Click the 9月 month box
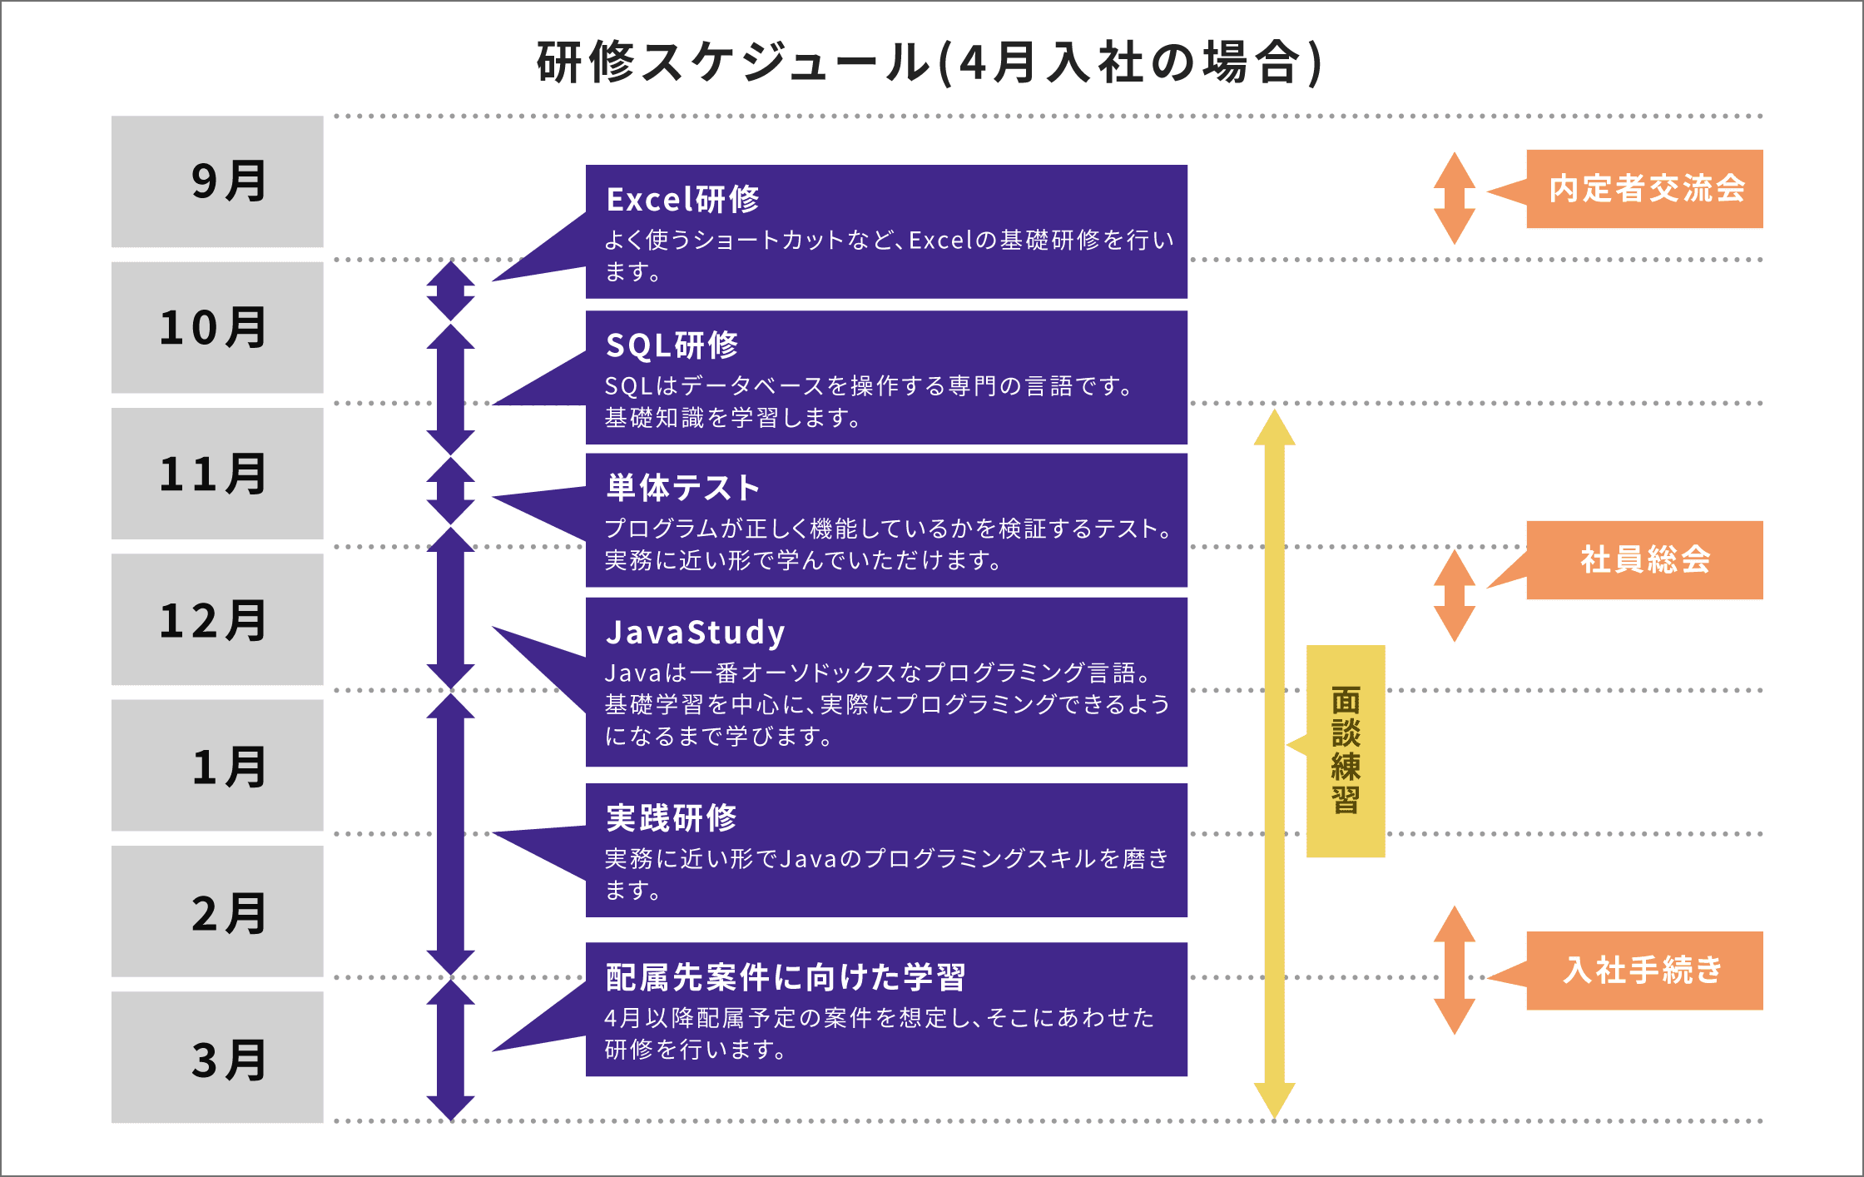pyautogui.click(x=217, y=181)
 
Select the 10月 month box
pyautogui.click(x=217, y=327)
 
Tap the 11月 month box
pyautogui.click(x=217, y=474)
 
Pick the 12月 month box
pyautogui.click(x=217, y=619)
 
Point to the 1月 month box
pyautogui.click(x=217, y=766)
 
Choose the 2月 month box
pyautogui.click(x=217, y=911)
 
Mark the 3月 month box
pyautogui.click(x=217, y=1057)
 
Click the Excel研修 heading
pyautogui.click(x=683, y=200)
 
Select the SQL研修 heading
pyautogui.click(x=672, y=345)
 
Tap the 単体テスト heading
pyautogui.click(x=683, y=488)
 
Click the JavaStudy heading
pyautogui.click(x=696, y=633)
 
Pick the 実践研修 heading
pyautogui.click(x=672, y=818)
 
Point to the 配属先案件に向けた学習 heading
pyautogui.click(x=786, y=977)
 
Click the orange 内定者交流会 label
pyautogui.click(x=1645, y=189)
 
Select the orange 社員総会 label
pyautogui.click(x=1645, y=560)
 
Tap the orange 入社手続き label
pyautogui.click(x=1645, y=971)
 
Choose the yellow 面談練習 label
pyautogui.click(x=1346, y=751)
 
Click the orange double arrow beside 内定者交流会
pyautogui.click(x=1455, y=198)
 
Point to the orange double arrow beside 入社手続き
pyautogui.click(x=1455, y=971)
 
